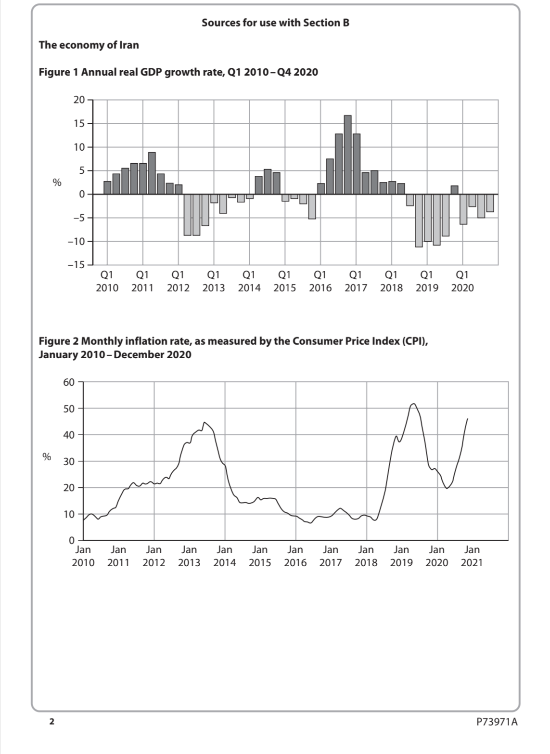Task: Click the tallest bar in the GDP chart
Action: click(x=347, y=154)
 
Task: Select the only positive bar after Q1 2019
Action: click(x=454, y=190)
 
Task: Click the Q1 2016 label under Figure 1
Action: click(x=320, y=281)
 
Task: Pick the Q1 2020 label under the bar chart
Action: click(x=462, y=281)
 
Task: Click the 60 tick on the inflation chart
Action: click(x=69, y=382)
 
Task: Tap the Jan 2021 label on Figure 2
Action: click(x=472, y=556)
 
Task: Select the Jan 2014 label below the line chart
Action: click(x=225, y=556)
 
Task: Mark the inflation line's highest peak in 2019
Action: click(x=414, y=403)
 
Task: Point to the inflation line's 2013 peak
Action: click(x=205, y=422)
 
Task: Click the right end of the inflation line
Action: click(x=467, y=419)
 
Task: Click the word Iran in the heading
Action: click(x=129, y=45)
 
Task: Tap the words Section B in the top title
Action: click(x=326, y=23)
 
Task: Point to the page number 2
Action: click(x=51, y=721)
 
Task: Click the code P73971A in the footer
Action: click(x=496, y=721)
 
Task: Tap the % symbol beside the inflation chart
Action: click(x=47, y=457)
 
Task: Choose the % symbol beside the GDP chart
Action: click(x=57, y=182)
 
